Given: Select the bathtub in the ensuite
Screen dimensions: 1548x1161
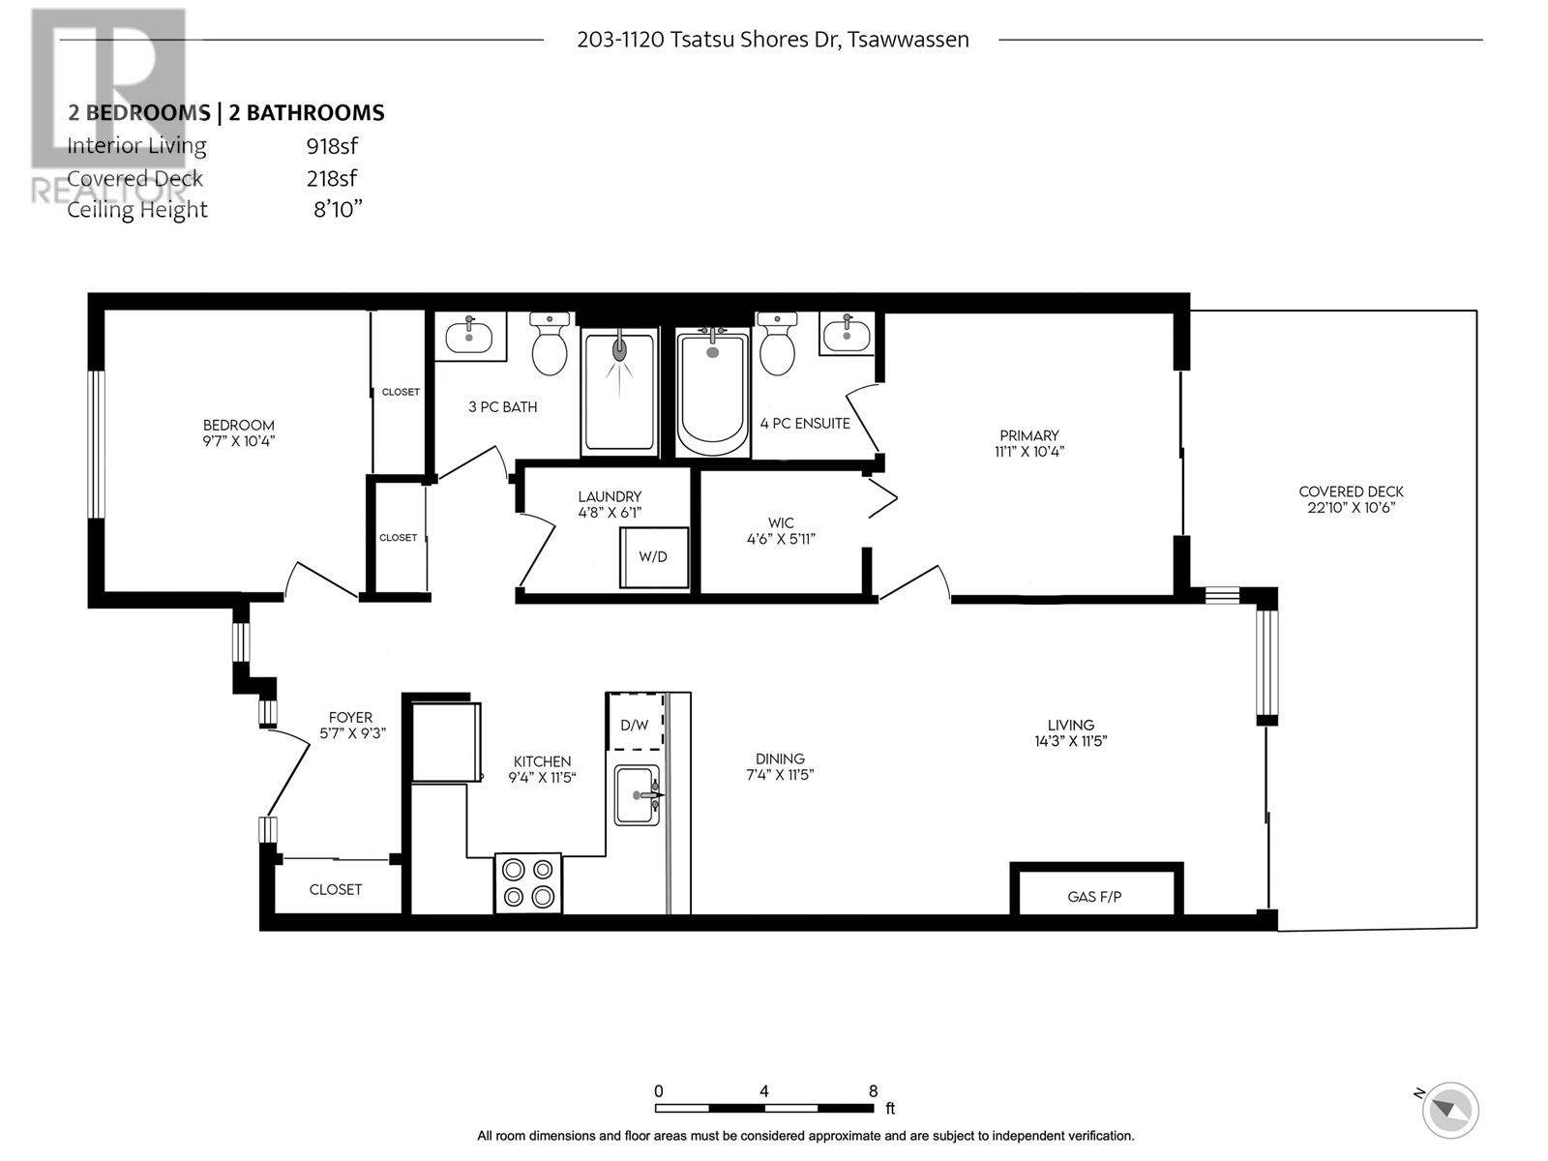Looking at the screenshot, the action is point(711,392).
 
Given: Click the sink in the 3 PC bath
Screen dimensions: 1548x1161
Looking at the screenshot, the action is point(469,336).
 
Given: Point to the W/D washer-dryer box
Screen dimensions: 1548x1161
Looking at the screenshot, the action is point(654,557).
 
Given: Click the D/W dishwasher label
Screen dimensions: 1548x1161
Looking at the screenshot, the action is point(634,725).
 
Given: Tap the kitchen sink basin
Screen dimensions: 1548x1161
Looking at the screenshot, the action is point(637,794).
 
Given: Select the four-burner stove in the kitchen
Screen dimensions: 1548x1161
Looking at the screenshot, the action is point(528,883).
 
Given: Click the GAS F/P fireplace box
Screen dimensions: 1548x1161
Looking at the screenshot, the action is point(1096,889).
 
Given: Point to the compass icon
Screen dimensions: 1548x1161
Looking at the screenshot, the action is point(1450,1110).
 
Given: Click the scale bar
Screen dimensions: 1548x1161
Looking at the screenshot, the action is point(764,1108).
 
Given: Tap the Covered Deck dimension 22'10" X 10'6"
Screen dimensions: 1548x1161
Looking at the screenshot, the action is point(1352,508).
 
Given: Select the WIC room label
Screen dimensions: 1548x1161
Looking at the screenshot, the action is point(781,523).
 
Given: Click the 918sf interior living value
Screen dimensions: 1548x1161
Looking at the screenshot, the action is point(332,146).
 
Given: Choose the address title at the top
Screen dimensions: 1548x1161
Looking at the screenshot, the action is point(773,40).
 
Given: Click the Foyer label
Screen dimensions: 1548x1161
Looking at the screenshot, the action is point(350,718).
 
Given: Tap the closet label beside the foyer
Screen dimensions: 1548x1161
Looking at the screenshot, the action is point(336,889).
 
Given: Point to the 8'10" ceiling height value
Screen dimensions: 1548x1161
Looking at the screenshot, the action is point(338,209).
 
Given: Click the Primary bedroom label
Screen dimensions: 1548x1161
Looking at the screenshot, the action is point(1029,435).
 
